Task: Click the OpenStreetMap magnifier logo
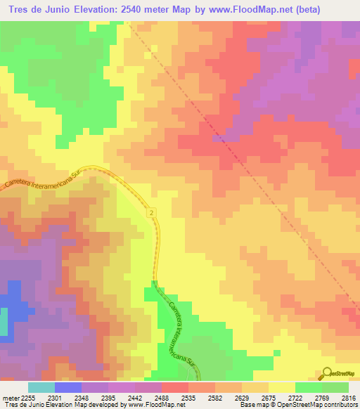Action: pos(328,374)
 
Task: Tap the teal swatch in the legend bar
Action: pos(41,387)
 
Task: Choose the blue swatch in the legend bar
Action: pos(68,387)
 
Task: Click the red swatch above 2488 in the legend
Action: pos(174,387)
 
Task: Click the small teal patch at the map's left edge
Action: pos(3,320)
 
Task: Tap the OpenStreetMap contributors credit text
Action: pos(321,405)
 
